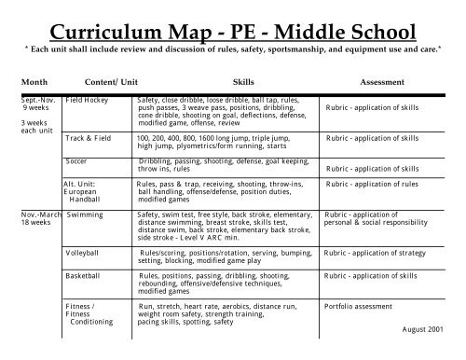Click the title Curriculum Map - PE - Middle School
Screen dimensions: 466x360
pyautogui.click(x=233, y=21)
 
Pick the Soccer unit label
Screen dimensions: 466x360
pyautogui.click(x=78, y=161)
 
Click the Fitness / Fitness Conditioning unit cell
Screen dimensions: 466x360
pyautogui.click(x=89, y=314)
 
